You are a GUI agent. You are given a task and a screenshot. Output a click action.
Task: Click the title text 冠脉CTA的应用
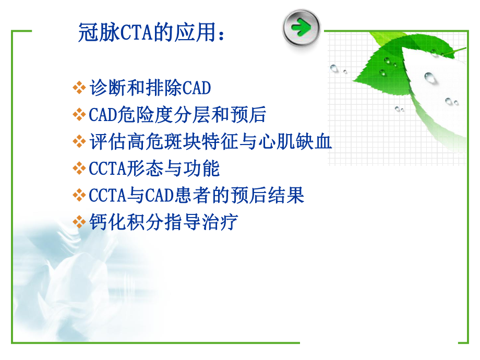point(147,33)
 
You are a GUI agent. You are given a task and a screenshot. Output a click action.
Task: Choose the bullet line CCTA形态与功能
point(154,169)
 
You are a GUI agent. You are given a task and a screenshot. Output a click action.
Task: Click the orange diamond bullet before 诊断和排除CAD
point(79,88)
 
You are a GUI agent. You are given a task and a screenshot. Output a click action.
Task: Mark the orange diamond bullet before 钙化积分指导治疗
point(79,222)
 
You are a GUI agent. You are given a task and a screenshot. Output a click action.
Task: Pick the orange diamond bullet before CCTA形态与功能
point(79,169)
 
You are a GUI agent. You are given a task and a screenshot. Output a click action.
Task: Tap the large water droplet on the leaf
point(430,78)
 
